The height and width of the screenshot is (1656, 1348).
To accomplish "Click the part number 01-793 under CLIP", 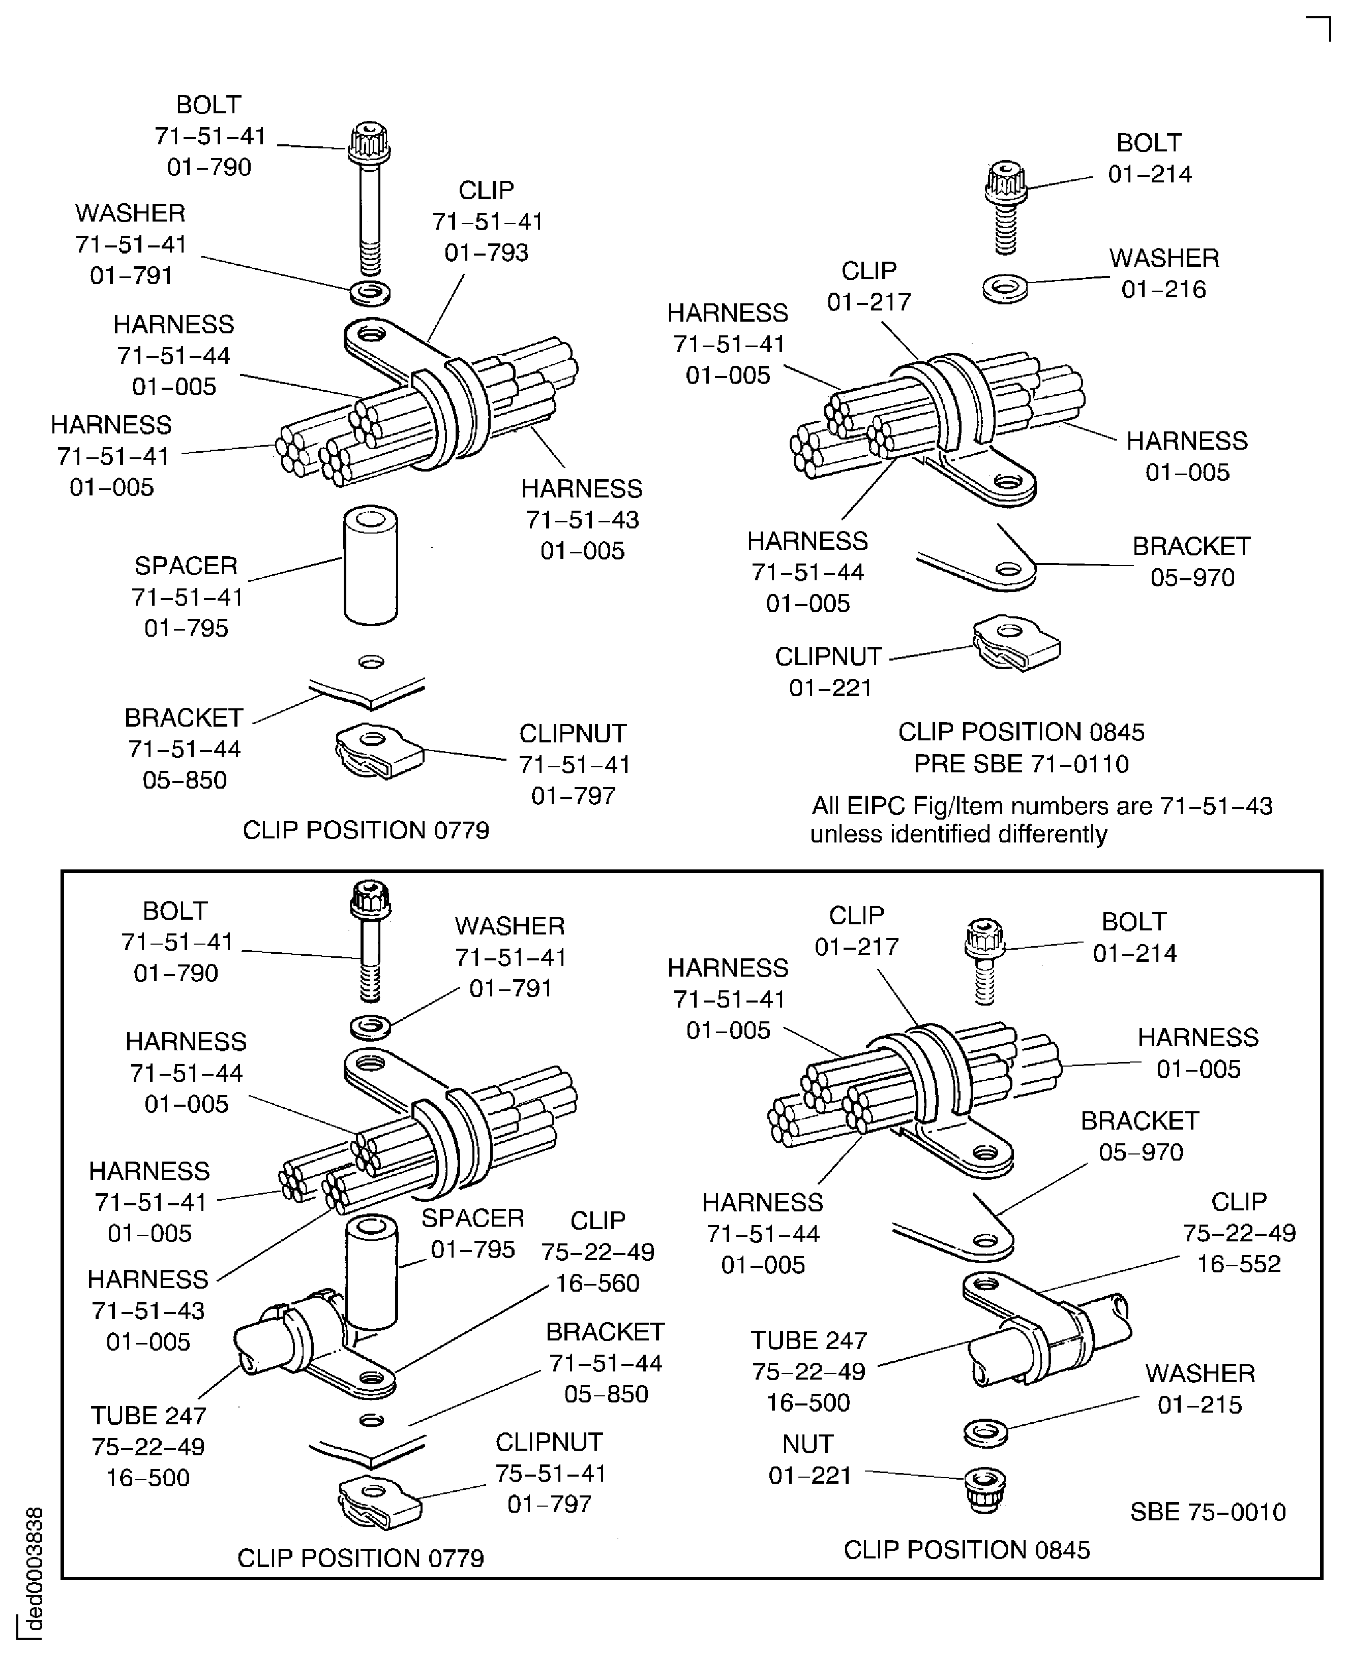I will click(x=486, y=253).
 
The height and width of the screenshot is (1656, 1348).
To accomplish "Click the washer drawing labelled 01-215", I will click(x=985, y=1432).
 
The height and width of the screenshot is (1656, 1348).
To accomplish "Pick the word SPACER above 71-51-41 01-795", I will click(x=186, y=566).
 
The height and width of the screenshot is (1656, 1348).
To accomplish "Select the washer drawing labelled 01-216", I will click(x=1005, y=289).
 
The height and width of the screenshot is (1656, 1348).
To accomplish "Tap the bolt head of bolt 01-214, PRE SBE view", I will click(x=1006, y=180).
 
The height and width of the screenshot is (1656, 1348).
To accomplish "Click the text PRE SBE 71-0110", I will click(x=1021, y=764).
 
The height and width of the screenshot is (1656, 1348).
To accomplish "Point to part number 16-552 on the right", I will click(x=1239, y=1263).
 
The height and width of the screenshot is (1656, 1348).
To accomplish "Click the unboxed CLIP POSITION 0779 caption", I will click(x=366, y=830).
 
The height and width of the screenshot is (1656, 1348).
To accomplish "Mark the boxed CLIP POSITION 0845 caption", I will click(x=966, y=1550).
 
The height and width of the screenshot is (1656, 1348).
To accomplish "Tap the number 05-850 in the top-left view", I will click(x=185, y=780).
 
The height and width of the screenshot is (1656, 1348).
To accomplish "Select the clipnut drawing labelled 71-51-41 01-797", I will click(x=379, y=751).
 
